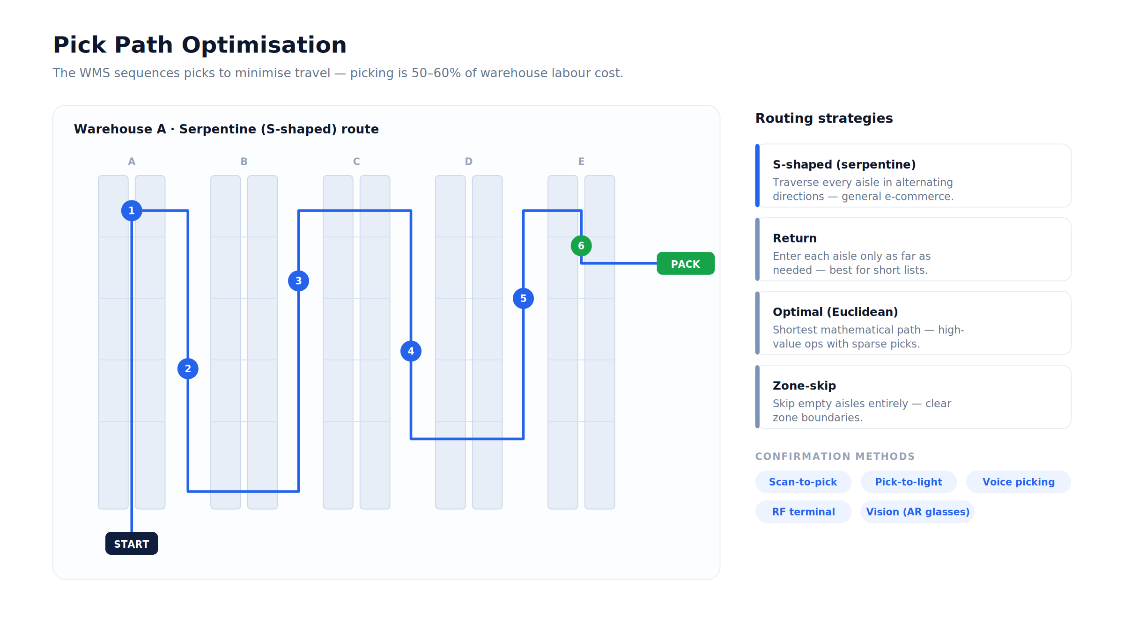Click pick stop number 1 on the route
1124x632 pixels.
[x=132, y=211]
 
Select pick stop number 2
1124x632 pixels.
[x=188, y=369]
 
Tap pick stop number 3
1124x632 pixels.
[x=298, y=281]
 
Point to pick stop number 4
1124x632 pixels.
[x=411, y=351]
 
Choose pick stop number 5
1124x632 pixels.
[x=523, y=299]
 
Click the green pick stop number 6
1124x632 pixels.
[x=581, y=246]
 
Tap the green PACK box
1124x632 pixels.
[x=686, y=264]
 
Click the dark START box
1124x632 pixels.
[x=132, y=544]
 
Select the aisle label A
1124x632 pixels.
[x=132, y=162]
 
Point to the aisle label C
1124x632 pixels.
[x=356, y=162]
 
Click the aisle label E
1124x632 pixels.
[x=581, y=162]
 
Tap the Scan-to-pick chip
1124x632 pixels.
[x=803, y=482]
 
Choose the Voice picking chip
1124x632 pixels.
[x=1019, y=482]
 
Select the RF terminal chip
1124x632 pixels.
[x=803, y=512]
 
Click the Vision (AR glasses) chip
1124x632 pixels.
[x=918, y=512]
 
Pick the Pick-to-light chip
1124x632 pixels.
[x=909, y=482]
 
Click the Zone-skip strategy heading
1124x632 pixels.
[x=804, y=386]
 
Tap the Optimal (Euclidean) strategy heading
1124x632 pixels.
[x=836, y=312]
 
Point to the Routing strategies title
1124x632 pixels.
[x=824, y=118]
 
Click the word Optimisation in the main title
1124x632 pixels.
[x=264, y=45]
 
